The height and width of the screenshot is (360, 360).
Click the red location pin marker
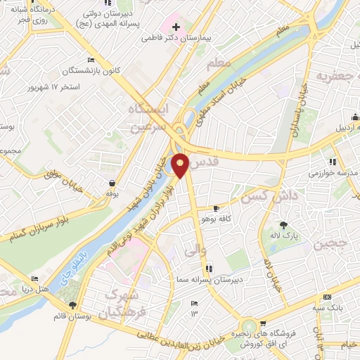click(181, 165)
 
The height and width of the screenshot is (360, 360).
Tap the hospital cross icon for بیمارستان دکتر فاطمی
click(176, 27)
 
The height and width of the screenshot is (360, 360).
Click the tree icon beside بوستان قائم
click(72, 304)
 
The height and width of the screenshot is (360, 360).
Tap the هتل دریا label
click(34, 289)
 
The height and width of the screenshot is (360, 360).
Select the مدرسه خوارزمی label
click(335, 173)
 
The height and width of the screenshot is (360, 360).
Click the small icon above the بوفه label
click(110, 181)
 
